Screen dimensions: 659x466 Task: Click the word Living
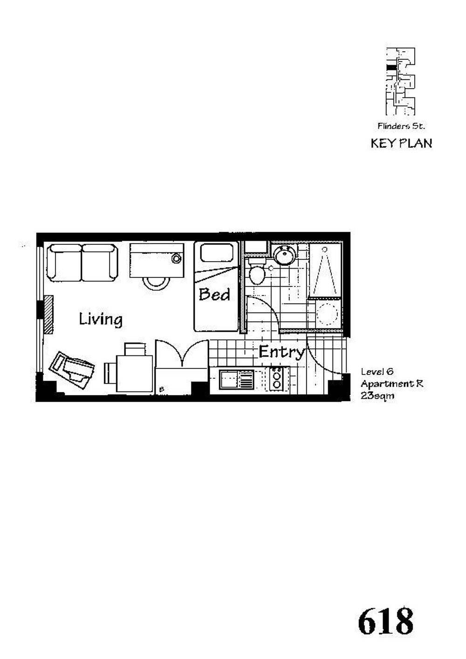tap(100, 319)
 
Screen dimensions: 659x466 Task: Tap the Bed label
tap(214, 295)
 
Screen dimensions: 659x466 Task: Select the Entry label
tap(281, 352)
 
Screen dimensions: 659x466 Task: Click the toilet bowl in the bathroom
tap(256, 275)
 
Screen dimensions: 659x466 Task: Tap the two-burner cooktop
tap(277, 379)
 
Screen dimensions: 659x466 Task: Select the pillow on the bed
tap(217, 253)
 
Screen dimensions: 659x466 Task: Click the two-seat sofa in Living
tap(82, 262)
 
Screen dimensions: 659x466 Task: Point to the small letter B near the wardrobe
tap(161, 388)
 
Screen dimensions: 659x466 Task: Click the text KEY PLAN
tap(401, 143)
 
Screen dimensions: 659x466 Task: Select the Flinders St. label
tap(401, 126)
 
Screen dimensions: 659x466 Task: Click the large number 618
tap(386, 622)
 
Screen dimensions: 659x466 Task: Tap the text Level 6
tap(377, 372)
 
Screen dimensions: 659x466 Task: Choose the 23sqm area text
tap(377, 395)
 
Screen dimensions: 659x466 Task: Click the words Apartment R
tap(391, 384)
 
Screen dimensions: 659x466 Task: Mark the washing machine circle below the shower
tap(327, 314)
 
